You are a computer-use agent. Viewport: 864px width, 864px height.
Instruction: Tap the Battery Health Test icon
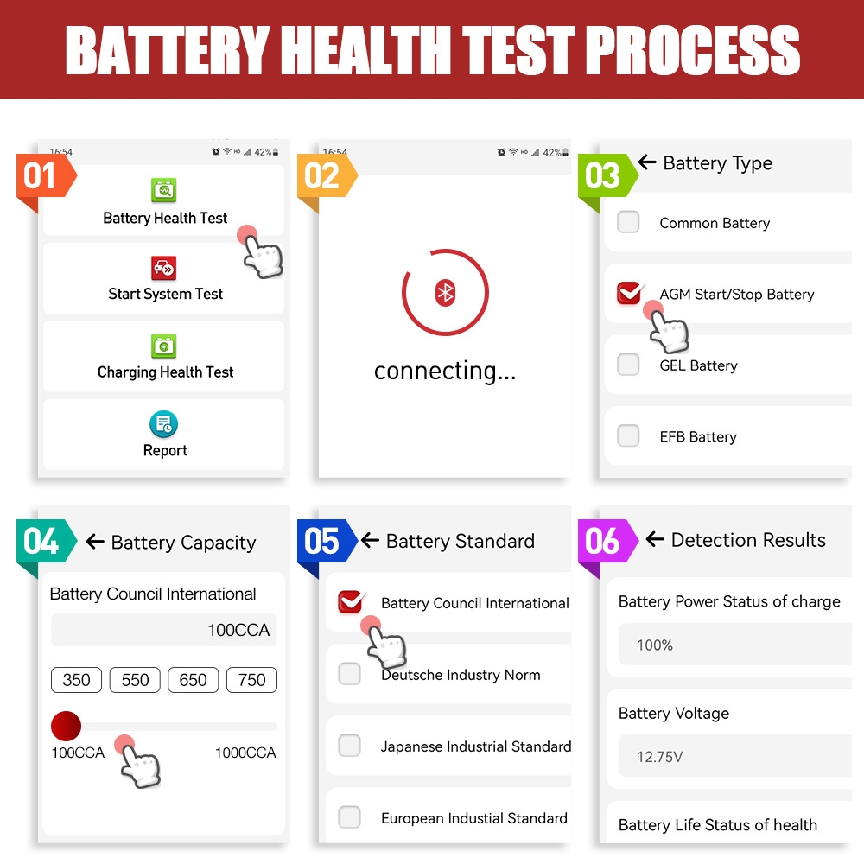[x=163, y=190]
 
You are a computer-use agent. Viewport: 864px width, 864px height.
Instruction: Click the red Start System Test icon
[x=163, y=269]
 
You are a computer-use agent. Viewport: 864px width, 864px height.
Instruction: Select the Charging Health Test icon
[x=163, y=346]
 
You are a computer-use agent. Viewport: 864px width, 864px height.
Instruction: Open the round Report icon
[x=163, y=424]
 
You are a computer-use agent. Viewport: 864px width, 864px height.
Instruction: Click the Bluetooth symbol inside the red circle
[x=445, y=293]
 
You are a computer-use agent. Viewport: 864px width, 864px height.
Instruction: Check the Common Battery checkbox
[x=628, y=222]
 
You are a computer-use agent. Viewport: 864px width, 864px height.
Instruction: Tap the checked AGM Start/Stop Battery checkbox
[x=629, y=293]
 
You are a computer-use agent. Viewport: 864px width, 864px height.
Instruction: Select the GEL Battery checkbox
[x=628, y=365]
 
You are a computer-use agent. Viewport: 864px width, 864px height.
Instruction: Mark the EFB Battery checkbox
[x=628, y=435]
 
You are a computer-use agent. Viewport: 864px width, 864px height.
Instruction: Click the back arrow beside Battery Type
[x=647, y=162]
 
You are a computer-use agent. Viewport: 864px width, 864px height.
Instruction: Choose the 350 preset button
[x=76, y=680]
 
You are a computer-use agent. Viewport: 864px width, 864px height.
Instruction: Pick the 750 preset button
[x=251, y=680]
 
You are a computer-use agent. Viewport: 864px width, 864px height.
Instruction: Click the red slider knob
[x=67, y=727]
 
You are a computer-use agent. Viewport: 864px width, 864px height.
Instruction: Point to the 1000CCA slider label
[x=245, y=753]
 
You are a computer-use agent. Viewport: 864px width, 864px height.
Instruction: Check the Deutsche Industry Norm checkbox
[x=349, y=673]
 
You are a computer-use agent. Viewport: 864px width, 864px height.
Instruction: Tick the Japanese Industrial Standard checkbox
[x=349, y=746]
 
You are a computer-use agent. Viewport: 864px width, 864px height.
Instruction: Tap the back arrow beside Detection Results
[x=655, y=538]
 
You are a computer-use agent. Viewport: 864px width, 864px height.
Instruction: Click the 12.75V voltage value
[x=659, y=757]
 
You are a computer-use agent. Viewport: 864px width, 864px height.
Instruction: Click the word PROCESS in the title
[x=692, y=50]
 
